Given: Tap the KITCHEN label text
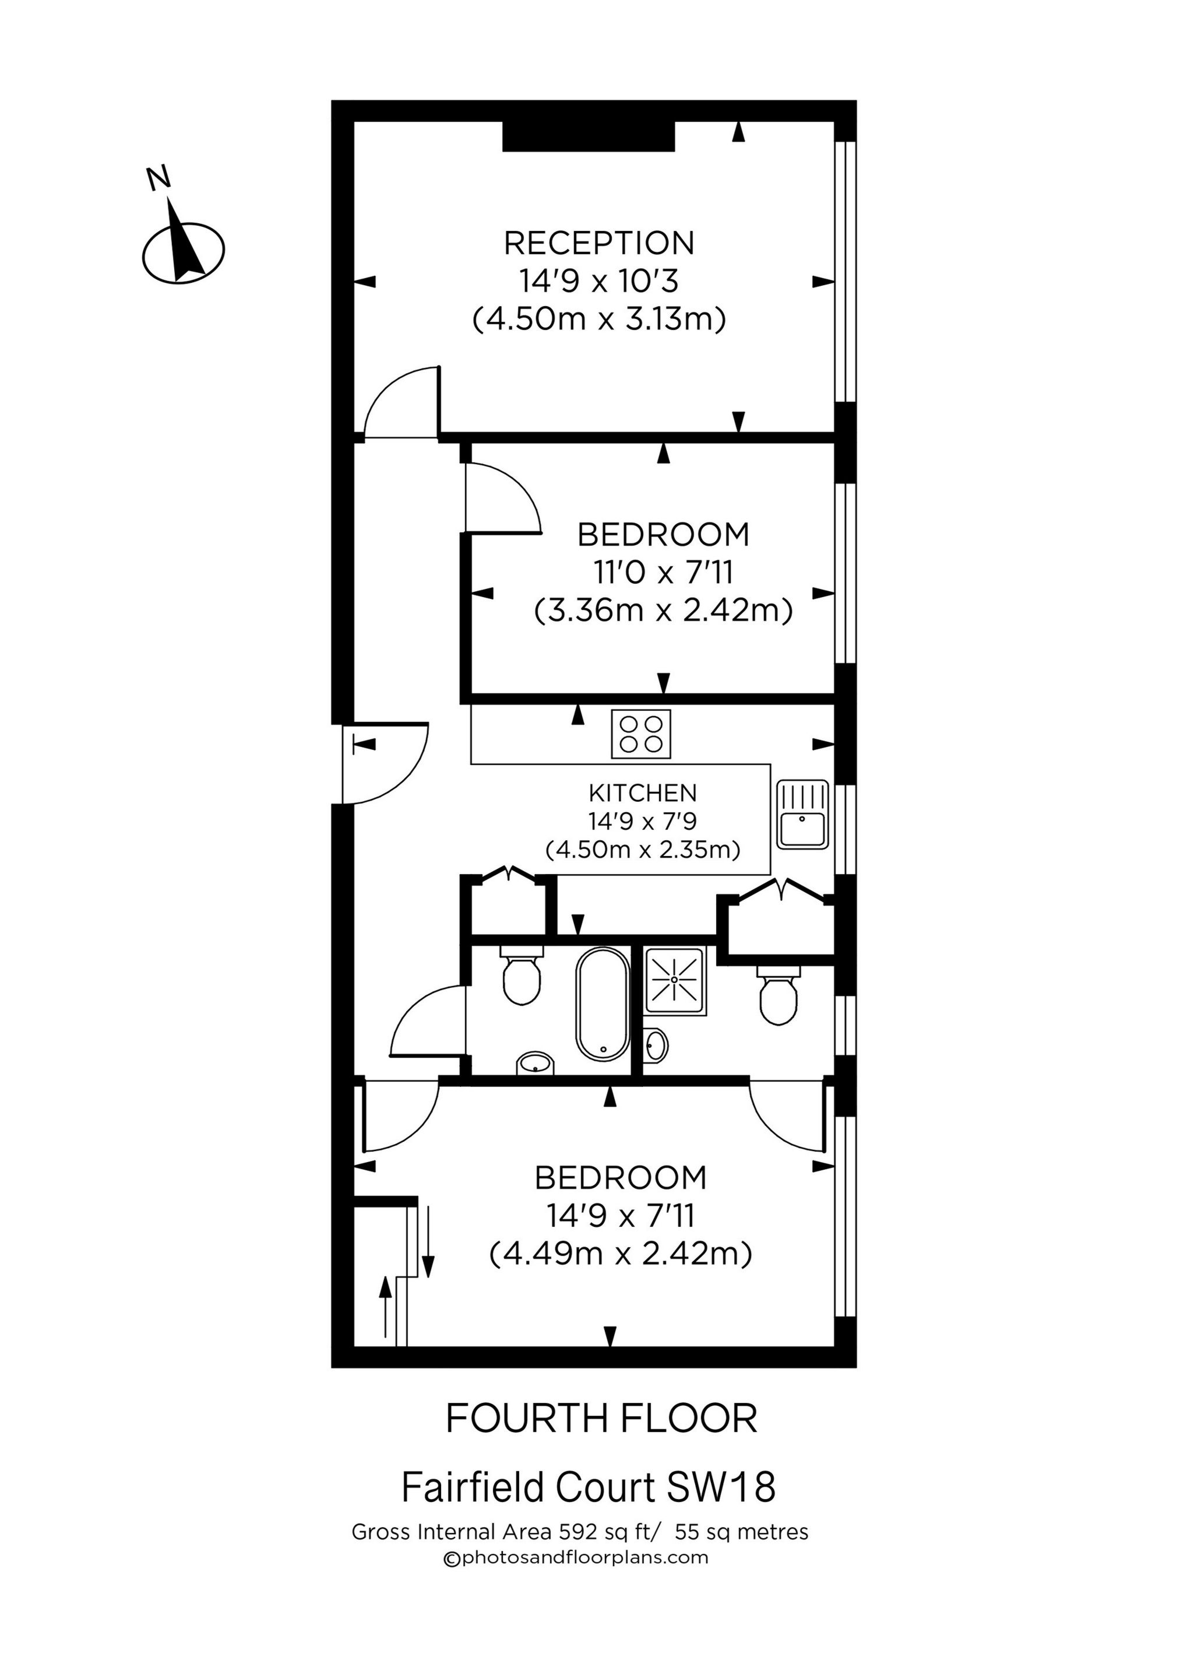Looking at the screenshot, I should [x=643, y=792].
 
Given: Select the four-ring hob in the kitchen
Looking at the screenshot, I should [x=640, y=734].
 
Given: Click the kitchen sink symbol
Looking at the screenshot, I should [x=802, y=815].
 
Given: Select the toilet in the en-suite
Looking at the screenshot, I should [x=778, y=997].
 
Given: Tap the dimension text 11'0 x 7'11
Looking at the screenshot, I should [x=663, y=573].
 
